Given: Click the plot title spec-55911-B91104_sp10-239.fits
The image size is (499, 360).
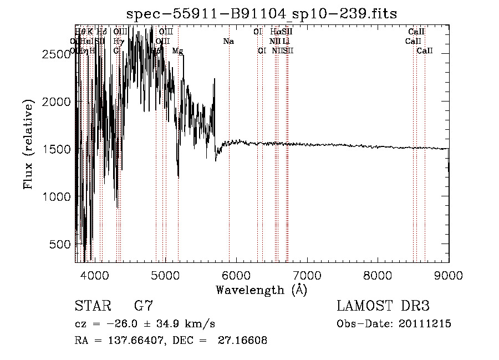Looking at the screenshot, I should click(262, 13).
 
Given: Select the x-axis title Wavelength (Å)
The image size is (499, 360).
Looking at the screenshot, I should click(262, 290).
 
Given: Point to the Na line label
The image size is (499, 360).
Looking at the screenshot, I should click(228, 42).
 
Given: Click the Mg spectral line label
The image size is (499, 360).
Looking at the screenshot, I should click(177, 51).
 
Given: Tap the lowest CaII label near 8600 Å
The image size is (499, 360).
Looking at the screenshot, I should click(425, 51).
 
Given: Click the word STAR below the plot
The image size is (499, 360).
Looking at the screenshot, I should click(91, 306).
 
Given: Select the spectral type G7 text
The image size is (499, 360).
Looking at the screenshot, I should click(143, 306).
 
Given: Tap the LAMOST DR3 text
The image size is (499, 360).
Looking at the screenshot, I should click(383, 306).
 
